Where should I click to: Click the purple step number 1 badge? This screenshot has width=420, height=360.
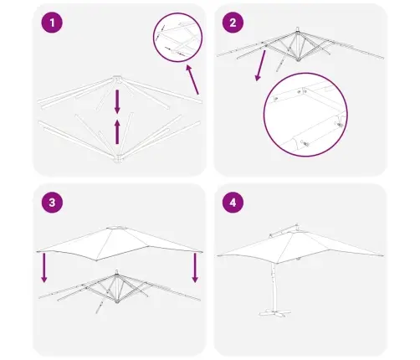(x=52, y=23)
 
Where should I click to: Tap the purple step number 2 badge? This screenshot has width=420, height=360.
(x=233, y=23)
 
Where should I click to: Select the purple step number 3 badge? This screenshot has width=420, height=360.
(x=52, y=203)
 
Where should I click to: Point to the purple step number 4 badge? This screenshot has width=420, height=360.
(x=233, y=203)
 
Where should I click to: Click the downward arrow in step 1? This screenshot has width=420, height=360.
(x=117, y=101)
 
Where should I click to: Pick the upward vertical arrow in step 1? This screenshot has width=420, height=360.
(x=117, y=132)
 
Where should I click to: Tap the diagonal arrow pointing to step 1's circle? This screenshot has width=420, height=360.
(x=192, y=80)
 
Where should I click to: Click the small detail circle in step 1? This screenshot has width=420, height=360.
(x=178, y=37)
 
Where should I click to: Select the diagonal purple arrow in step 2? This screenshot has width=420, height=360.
(x=260, y=65)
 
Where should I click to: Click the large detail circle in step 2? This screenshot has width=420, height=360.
(x=305, y=115)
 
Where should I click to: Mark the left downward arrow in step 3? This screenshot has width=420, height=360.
(x=44, y=268)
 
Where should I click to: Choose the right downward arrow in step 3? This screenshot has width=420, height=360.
(x=195, y=268)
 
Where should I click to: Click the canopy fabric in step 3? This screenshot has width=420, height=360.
(x=120, y=244)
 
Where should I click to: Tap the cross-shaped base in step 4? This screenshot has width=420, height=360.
(x=275, y=312)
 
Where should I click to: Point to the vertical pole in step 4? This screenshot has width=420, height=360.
(x=273, y=286)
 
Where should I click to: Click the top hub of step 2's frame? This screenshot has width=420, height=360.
(x=298, y=29)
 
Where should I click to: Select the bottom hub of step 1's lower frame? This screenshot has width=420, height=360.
(x=118, y=159)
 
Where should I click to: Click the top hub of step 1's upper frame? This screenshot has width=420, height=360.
(x=117, y=78)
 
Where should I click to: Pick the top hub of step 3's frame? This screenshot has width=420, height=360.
(x=117, y=272)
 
